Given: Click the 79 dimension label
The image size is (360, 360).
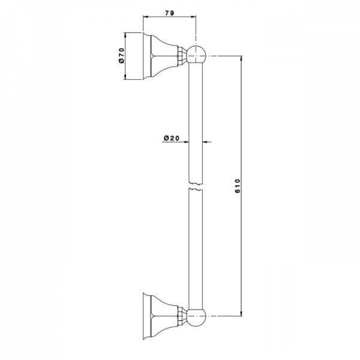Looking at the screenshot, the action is [x=170, y=13].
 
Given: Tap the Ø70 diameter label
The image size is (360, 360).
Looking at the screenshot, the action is [x=121, y=55].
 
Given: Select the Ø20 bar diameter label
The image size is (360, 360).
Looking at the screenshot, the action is [x=172, y=138].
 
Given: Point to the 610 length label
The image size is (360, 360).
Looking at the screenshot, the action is [x=238, y=186].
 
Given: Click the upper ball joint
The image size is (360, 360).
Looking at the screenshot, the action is [x=197, y=55].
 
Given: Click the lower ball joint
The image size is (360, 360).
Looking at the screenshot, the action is [x=197, y=316].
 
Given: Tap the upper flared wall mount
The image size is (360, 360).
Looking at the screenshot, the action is [x=160, y=56].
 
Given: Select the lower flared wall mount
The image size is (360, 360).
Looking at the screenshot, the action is [x=160, y=316].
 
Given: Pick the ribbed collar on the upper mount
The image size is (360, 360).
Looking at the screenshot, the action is [x=182, y=56].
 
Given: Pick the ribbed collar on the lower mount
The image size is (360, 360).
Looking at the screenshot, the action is [x=182, y=316].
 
